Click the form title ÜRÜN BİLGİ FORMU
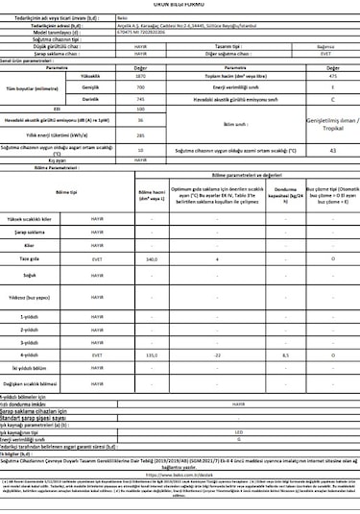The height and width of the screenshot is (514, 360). (x=180, y=4)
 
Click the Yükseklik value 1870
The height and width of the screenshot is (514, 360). (x=141, y=75)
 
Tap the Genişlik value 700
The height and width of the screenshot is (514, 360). (x=141, y=86)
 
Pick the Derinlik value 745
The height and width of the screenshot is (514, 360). (x=141, y=98)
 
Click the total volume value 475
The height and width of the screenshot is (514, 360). (x=332, y=75)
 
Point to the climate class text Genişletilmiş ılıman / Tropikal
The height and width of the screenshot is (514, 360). (x=332, y=126)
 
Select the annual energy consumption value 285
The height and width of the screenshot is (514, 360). (x=141, y=135)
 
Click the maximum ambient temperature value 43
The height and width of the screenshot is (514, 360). (x=332, y=151)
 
